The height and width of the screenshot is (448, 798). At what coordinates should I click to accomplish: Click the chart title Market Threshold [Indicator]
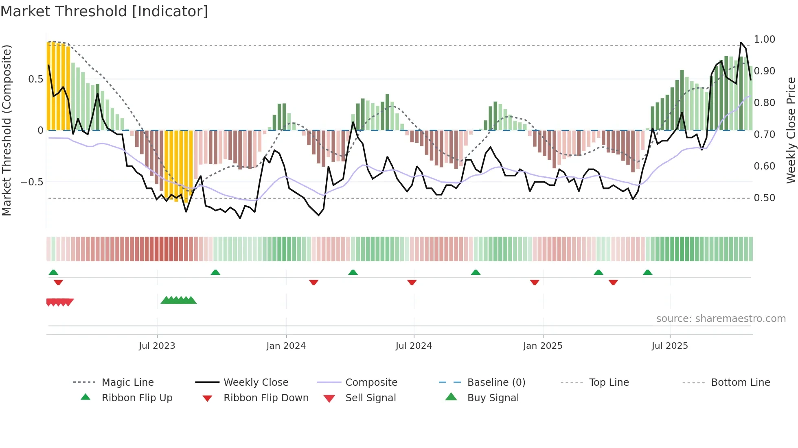click(x=104, y=11)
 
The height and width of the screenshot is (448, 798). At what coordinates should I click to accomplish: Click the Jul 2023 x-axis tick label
click(x=157, y=346)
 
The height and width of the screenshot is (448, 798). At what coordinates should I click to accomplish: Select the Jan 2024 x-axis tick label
click(x=286, y=346)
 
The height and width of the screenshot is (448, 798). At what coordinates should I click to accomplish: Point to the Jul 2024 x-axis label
click(x=414, y=346)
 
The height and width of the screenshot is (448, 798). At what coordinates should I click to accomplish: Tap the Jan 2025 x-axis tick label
click(x=543, y=346)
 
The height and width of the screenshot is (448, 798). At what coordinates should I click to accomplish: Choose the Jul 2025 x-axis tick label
click(x=670, y=346)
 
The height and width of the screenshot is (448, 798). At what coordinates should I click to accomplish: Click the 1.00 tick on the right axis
click(x=764, y=39)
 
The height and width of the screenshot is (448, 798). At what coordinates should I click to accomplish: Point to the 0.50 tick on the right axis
click(x=764, y=198)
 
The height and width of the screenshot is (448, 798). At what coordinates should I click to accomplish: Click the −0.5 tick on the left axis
click(x=32, y=182)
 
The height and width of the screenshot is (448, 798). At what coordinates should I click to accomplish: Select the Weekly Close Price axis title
click(x=791, y=130)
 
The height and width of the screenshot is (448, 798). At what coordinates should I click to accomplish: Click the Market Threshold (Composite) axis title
click(x=7, y=130)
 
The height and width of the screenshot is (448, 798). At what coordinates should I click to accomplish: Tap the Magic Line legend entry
click(x=127, y=383)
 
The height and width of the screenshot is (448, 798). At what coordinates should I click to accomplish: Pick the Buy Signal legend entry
click(x=493, y=398)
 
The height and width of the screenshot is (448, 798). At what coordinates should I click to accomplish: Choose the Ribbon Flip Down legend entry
click(x=266, y=398)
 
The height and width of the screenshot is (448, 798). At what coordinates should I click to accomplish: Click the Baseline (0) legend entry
click(x=496, y=383)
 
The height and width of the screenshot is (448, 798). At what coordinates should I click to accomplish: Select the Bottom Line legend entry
click(x=740, y=383)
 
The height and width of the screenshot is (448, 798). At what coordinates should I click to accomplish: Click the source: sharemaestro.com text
click(x=721, y=319)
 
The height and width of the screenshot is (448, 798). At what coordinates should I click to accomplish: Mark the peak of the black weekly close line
click(x=741, y=43)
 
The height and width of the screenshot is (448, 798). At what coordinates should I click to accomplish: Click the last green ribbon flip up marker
click(x=647, y=272)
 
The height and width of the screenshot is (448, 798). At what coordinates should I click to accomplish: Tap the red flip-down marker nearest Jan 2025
click(x=535, y=282)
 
